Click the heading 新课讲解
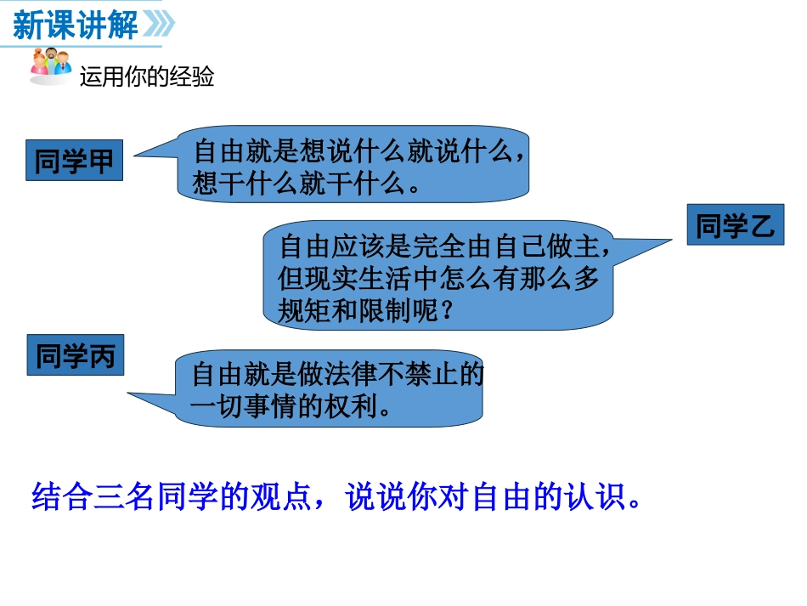(x=75, y=25)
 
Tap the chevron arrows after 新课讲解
(x=159, y=25)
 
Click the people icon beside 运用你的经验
(x=50, y=66)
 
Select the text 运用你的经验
(x=146, y=77)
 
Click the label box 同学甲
(x=74, y=161)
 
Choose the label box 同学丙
(x=74, y=355)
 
